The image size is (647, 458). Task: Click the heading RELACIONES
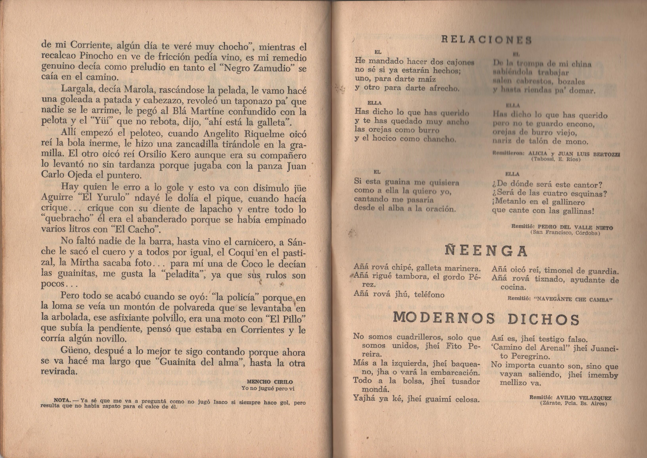pos(486,40)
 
